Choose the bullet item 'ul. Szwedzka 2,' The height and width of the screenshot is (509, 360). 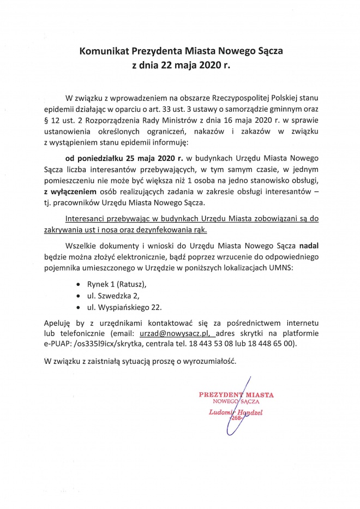click(x=113, y=295)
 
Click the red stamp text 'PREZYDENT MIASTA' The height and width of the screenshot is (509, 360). click(x=236, y=393)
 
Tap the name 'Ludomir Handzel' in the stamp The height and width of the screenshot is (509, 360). click(x=236, y=412)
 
